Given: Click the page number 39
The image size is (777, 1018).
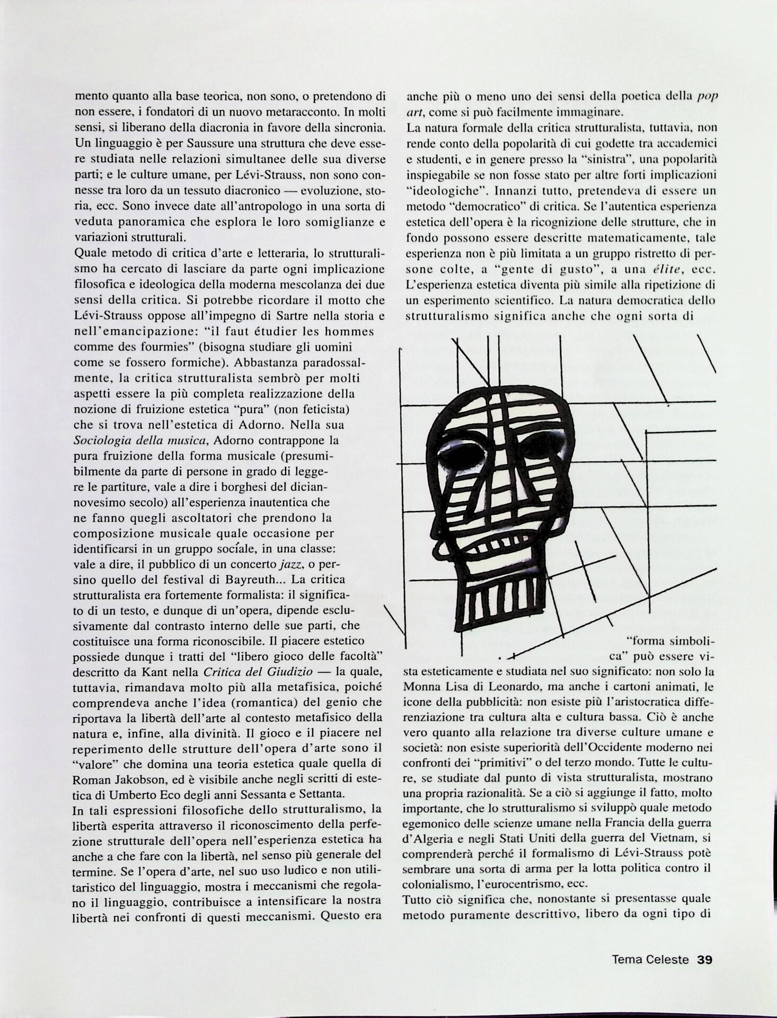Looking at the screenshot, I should [x=705, y=959].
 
